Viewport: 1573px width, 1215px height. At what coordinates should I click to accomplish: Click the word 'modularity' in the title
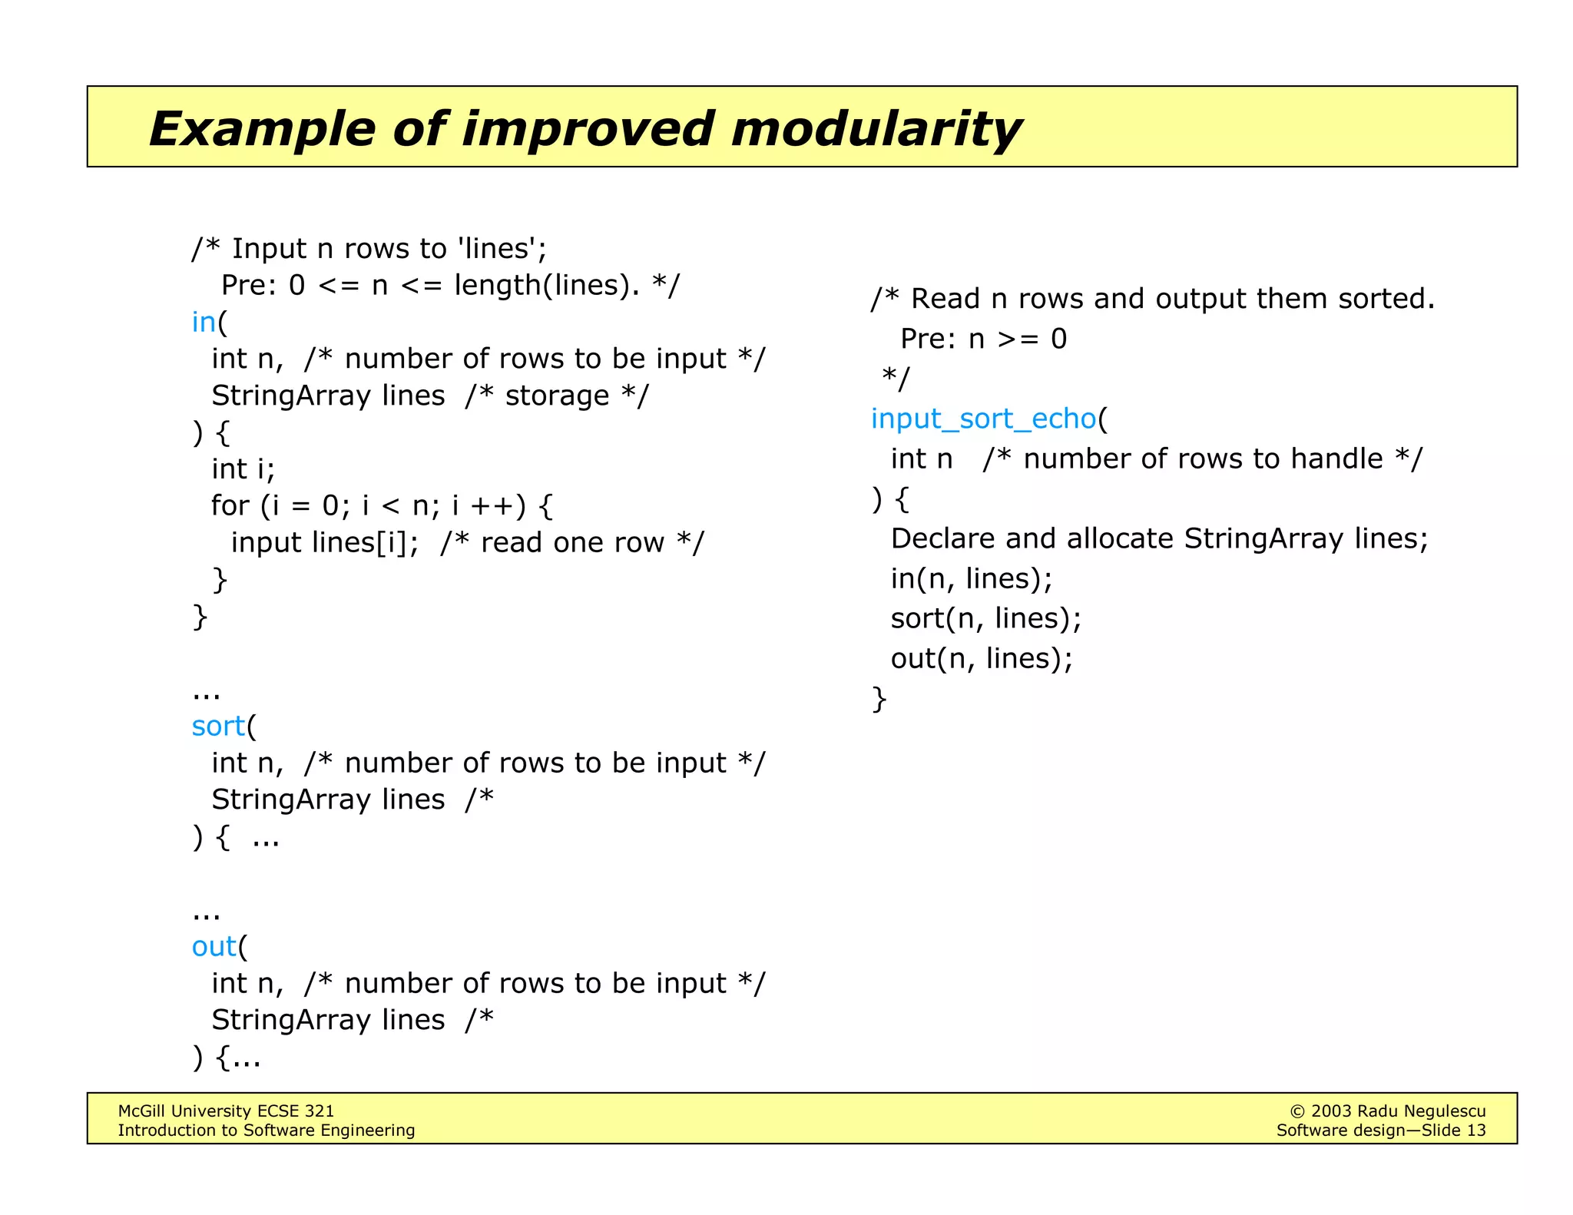tap(876, 128)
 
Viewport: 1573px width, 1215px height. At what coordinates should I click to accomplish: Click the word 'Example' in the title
tap(261, 128)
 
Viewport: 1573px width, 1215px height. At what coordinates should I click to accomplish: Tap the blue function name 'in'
tap(204, 322)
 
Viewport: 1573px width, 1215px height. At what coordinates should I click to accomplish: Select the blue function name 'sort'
tap(218, 726)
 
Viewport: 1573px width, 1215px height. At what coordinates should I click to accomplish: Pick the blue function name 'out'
tap(214, 946)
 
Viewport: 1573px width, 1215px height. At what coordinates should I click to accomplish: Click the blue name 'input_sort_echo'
tap(983, 419)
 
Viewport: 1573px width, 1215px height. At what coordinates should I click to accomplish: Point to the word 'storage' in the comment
tap(557, 396)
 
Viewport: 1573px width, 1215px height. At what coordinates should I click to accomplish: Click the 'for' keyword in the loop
tap(230, 505)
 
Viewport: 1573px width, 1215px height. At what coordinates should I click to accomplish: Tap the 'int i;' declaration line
tap(243, 468)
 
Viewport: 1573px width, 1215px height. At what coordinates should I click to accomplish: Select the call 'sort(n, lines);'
tap(985, 618)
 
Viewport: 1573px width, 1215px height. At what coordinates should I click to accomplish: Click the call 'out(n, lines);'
tap(981, 658)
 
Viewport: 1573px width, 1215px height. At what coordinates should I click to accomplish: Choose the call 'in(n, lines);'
tap(971, 578)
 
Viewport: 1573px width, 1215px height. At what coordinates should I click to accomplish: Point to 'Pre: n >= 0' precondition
tap(983, 339)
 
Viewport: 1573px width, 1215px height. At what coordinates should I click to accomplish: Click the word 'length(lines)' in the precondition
tap(546, 285)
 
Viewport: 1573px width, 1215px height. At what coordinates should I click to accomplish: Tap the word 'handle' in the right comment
tap(1336, 459)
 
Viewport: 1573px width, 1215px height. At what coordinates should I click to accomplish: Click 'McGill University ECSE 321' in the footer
tap(226, 1111)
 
